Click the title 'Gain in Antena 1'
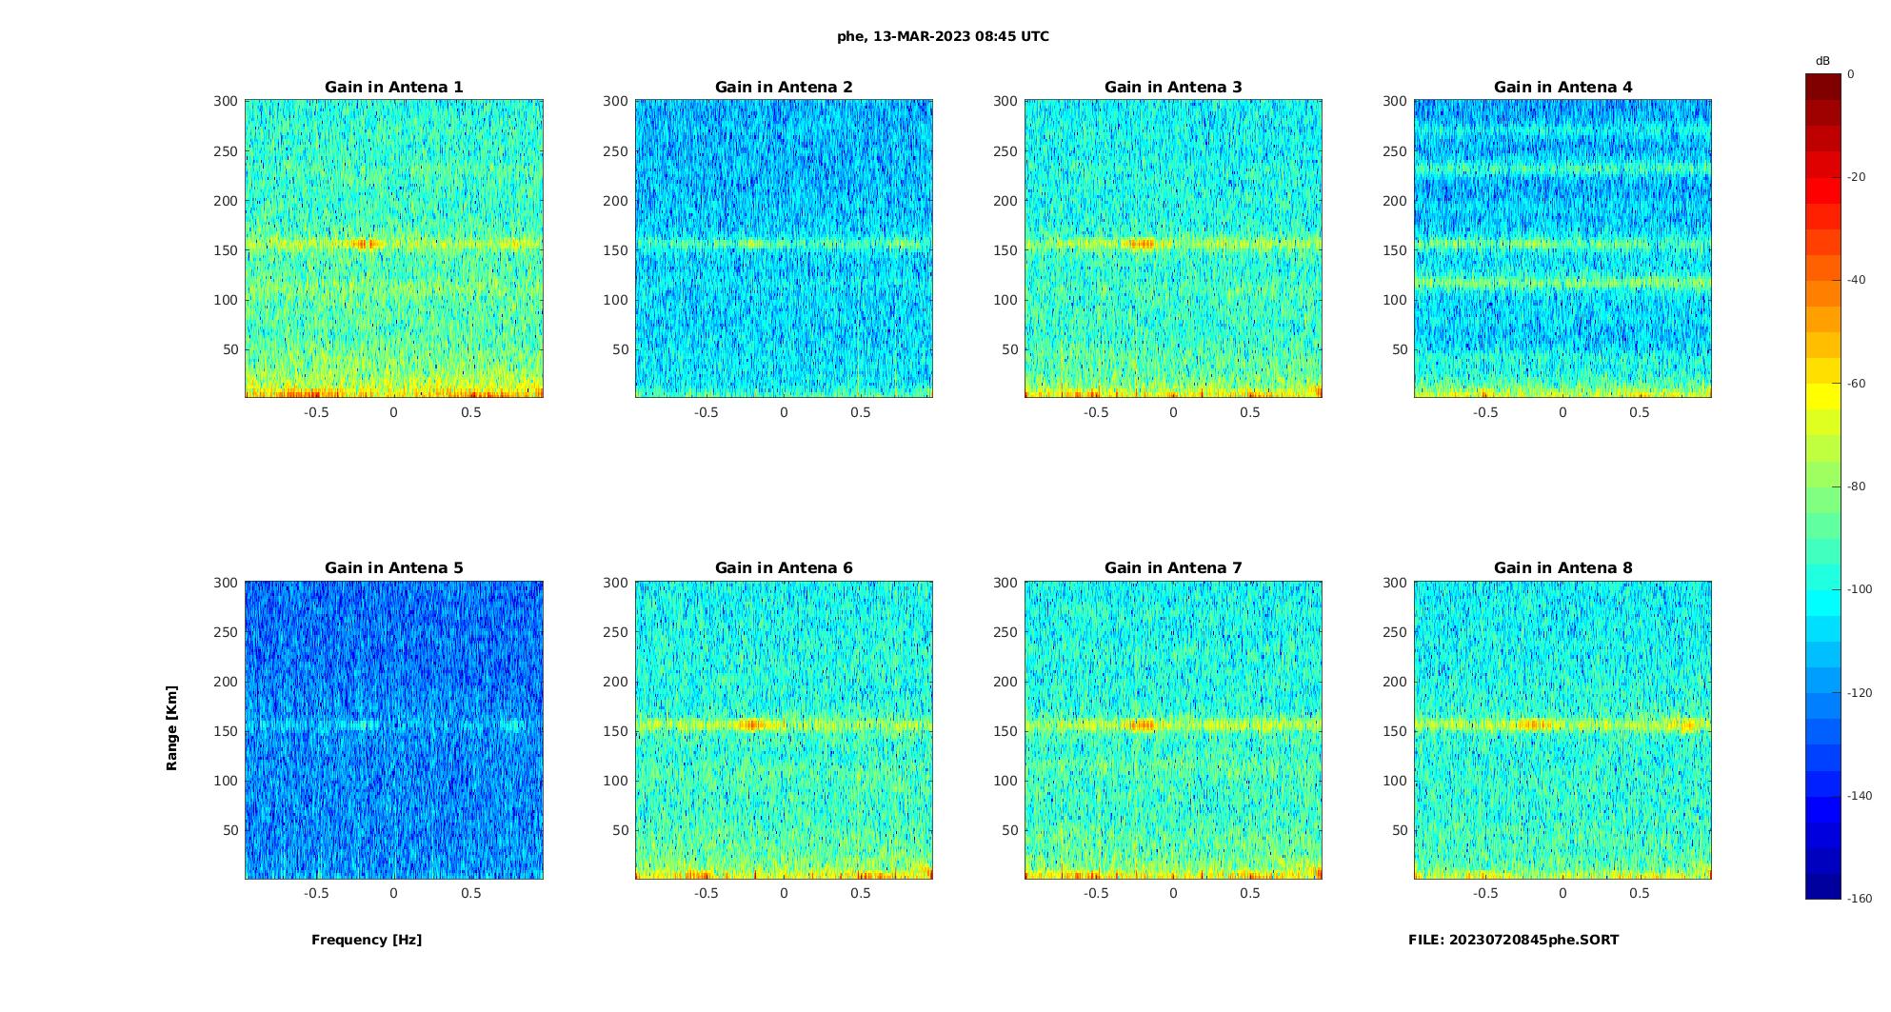point(393,88)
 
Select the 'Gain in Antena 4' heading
point(1563,88)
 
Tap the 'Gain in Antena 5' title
point(393,568)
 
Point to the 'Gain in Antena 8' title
point(1563,568)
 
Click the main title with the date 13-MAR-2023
point(943,36)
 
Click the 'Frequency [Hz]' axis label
point(367,940)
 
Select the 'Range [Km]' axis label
point(172,728)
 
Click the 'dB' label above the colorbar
point(1822,61)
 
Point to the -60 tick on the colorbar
point(1857,384)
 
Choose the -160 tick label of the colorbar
point(1860,899)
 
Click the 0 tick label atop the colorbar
point(1851,74)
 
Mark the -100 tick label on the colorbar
point(1860,589)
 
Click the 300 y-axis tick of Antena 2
point(616,101)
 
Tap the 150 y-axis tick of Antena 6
point(616,731)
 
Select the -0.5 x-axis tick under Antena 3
point(1096,412)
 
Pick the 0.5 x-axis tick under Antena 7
point(1250,893)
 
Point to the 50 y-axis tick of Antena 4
point(1400,349)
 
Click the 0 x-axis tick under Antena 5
point(393,893)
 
